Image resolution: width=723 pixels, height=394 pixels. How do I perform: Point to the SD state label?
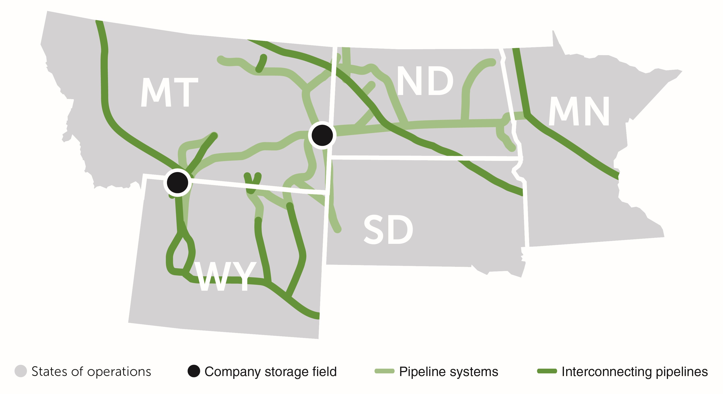[x=388, y=230]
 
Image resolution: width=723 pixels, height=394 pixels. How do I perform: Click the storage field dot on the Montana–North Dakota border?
[x=322, y=135]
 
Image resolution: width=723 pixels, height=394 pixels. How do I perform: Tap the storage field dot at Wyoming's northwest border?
[x=177, y=183]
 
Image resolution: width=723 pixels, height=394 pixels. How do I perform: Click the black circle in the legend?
[x=194, y=371]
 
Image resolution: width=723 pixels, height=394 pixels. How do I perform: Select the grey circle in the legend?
[x=21, y=371]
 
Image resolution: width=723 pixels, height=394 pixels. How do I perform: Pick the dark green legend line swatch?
[x=547, y=371]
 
